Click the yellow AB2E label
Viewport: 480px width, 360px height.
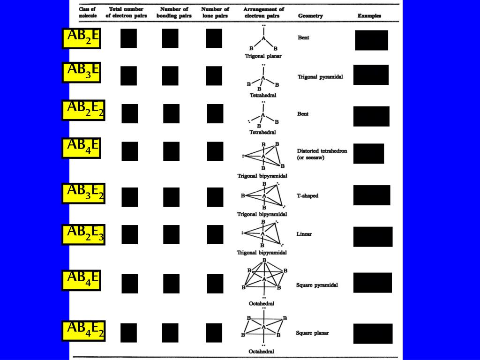click(81, 38)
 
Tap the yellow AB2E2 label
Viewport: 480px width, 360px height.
click(83, 110)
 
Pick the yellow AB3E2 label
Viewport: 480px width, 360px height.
click(83, 193)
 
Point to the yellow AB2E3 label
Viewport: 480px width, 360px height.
click(83, 234)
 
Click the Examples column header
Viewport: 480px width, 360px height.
click(369, 15)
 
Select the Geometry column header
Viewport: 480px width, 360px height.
click(310, 15)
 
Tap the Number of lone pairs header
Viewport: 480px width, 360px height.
click(215, 12)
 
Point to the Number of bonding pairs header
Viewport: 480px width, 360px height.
click(174, 12)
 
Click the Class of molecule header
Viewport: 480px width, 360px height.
click(88, 12)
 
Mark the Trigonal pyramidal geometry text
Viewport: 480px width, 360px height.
click(320, 76)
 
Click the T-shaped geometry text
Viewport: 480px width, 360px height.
click(307, 195)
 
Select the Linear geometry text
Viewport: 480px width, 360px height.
click(304, 233)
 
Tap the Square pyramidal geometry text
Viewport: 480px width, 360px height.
click(317, 285)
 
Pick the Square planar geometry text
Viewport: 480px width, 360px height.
click(312, 333)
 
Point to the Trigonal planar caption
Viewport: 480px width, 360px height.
click(263, 56)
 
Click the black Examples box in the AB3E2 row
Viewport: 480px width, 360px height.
click(372, 195)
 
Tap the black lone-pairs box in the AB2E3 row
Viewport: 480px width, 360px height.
click(215, 234)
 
